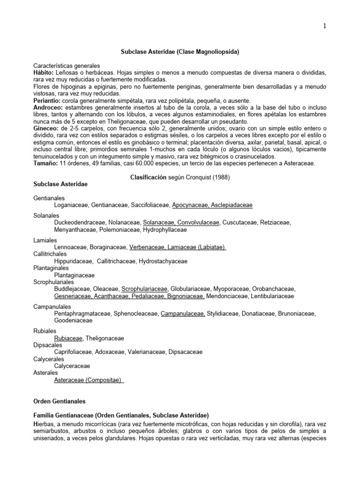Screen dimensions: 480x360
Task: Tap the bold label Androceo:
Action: point(48,107)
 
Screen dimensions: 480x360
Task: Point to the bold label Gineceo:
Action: point(46,128)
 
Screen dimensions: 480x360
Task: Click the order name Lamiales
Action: point(44,240)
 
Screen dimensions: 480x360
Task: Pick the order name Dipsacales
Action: point(48,344)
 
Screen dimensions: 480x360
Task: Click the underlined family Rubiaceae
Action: point(68,337)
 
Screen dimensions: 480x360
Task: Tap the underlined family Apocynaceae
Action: point(190,204)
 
